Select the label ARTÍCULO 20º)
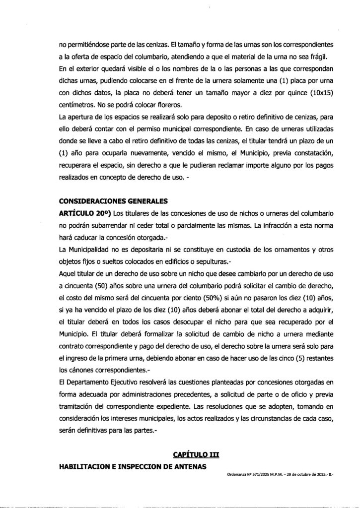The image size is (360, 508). pos(85,213)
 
